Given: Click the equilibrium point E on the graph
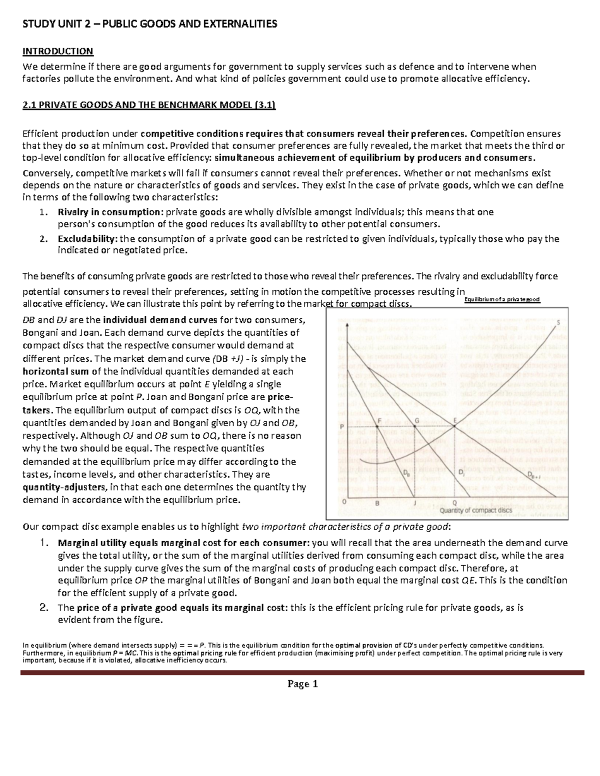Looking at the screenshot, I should point(454,425).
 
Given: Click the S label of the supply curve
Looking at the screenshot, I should point(558,323).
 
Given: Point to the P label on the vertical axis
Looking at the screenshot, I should point(341,426).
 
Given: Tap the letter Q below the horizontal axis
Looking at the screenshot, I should point(454,503).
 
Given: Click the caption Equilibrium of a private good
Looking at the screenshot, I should point(502,299).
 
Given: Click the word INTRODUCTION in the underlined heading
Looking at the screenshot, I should point(58,51).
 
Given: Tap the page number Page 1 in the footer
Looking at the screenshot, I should point(302,684).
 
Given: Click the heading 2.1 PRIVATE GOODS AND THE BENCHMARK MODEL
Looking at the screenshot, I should point(149,105).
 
